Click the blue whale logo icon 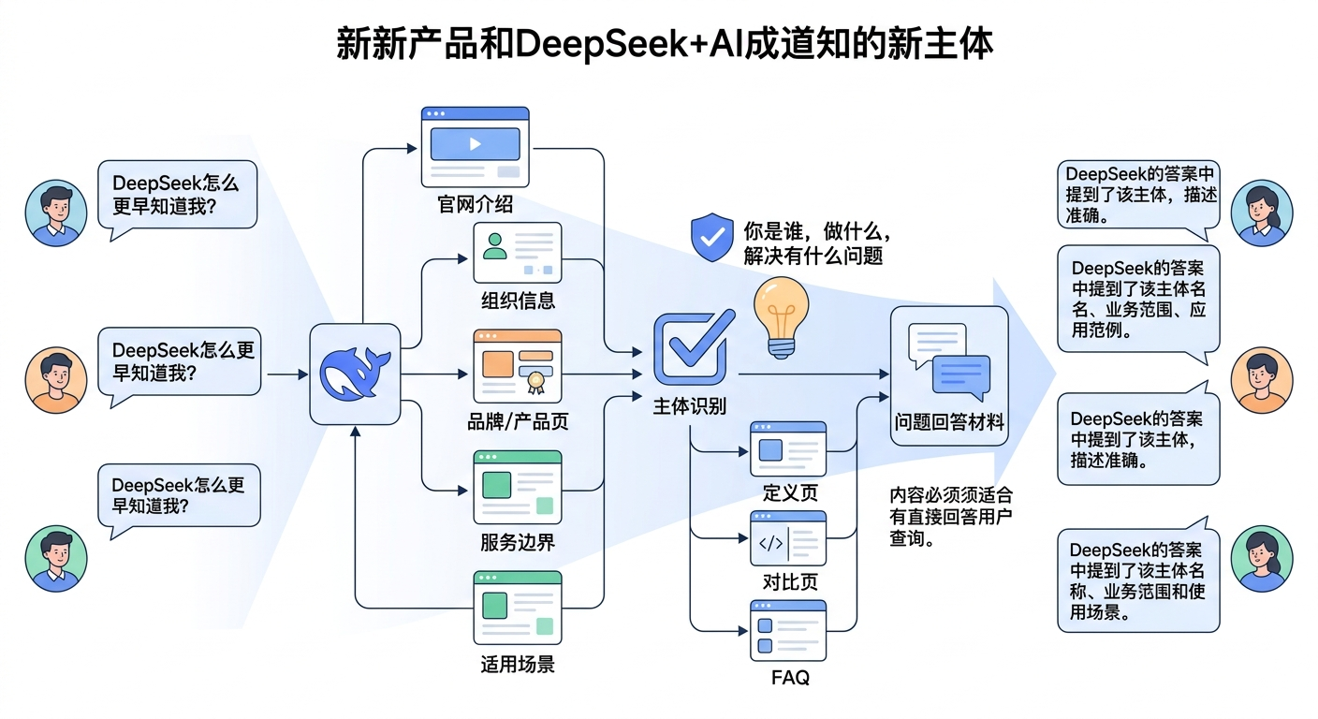355,374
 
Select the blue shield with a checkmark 711,236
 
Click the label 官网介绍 475,203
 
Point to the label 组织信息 518,301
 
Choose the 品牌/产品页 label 518,421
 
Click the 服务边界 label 518,542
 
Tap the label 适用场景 518,665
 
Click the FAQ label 790,677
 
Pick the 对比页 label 790,582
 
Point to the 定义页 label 790,492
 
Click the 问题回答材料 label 949,422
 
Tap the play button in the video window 475,144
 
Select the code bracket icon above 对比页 770,542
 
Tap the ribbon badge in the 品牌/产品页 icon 535,379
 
